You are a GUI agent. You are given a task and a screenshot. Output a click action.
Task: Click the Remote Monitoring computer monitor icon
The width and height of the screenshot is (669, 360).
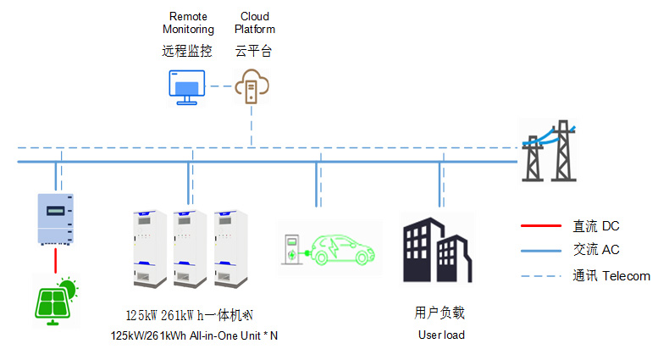coord(185,88)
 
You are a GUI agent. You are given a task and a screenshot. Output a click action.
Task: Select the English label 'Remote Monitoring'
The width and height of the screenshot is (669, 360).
coord(187,23)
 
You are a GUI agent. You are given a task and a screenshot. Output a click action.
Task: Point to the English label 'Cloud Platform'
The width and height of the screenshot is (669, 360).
coord(255,23)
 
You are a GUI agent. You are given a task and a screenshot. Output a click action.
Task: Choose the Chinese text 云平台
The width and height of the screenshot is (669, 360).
coord(254,51)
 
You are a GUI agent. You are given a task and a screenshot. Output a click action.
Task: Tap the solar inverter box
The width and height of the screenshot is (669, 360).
coord(55,219)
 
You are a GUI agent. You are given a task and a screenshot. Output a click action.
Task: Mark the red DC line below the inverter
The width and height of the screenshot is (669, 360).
coord(56,260)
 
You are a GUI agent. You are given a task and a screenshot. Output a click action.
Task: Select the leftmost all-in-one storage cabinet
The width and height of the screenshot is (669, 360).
coord(145,246)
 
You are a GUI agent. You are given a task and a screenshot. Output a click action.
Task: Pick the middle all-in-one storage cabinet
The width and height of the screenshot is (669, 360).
coord(190,246)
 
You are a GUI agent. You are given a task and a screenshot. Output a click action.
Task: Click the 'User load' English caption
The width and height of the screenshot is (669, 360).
coord(440,335)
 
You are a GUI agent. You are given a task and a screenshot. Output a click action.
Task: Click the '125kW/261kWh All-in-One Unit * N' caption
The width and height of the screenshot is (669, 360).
coord(194,335)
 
